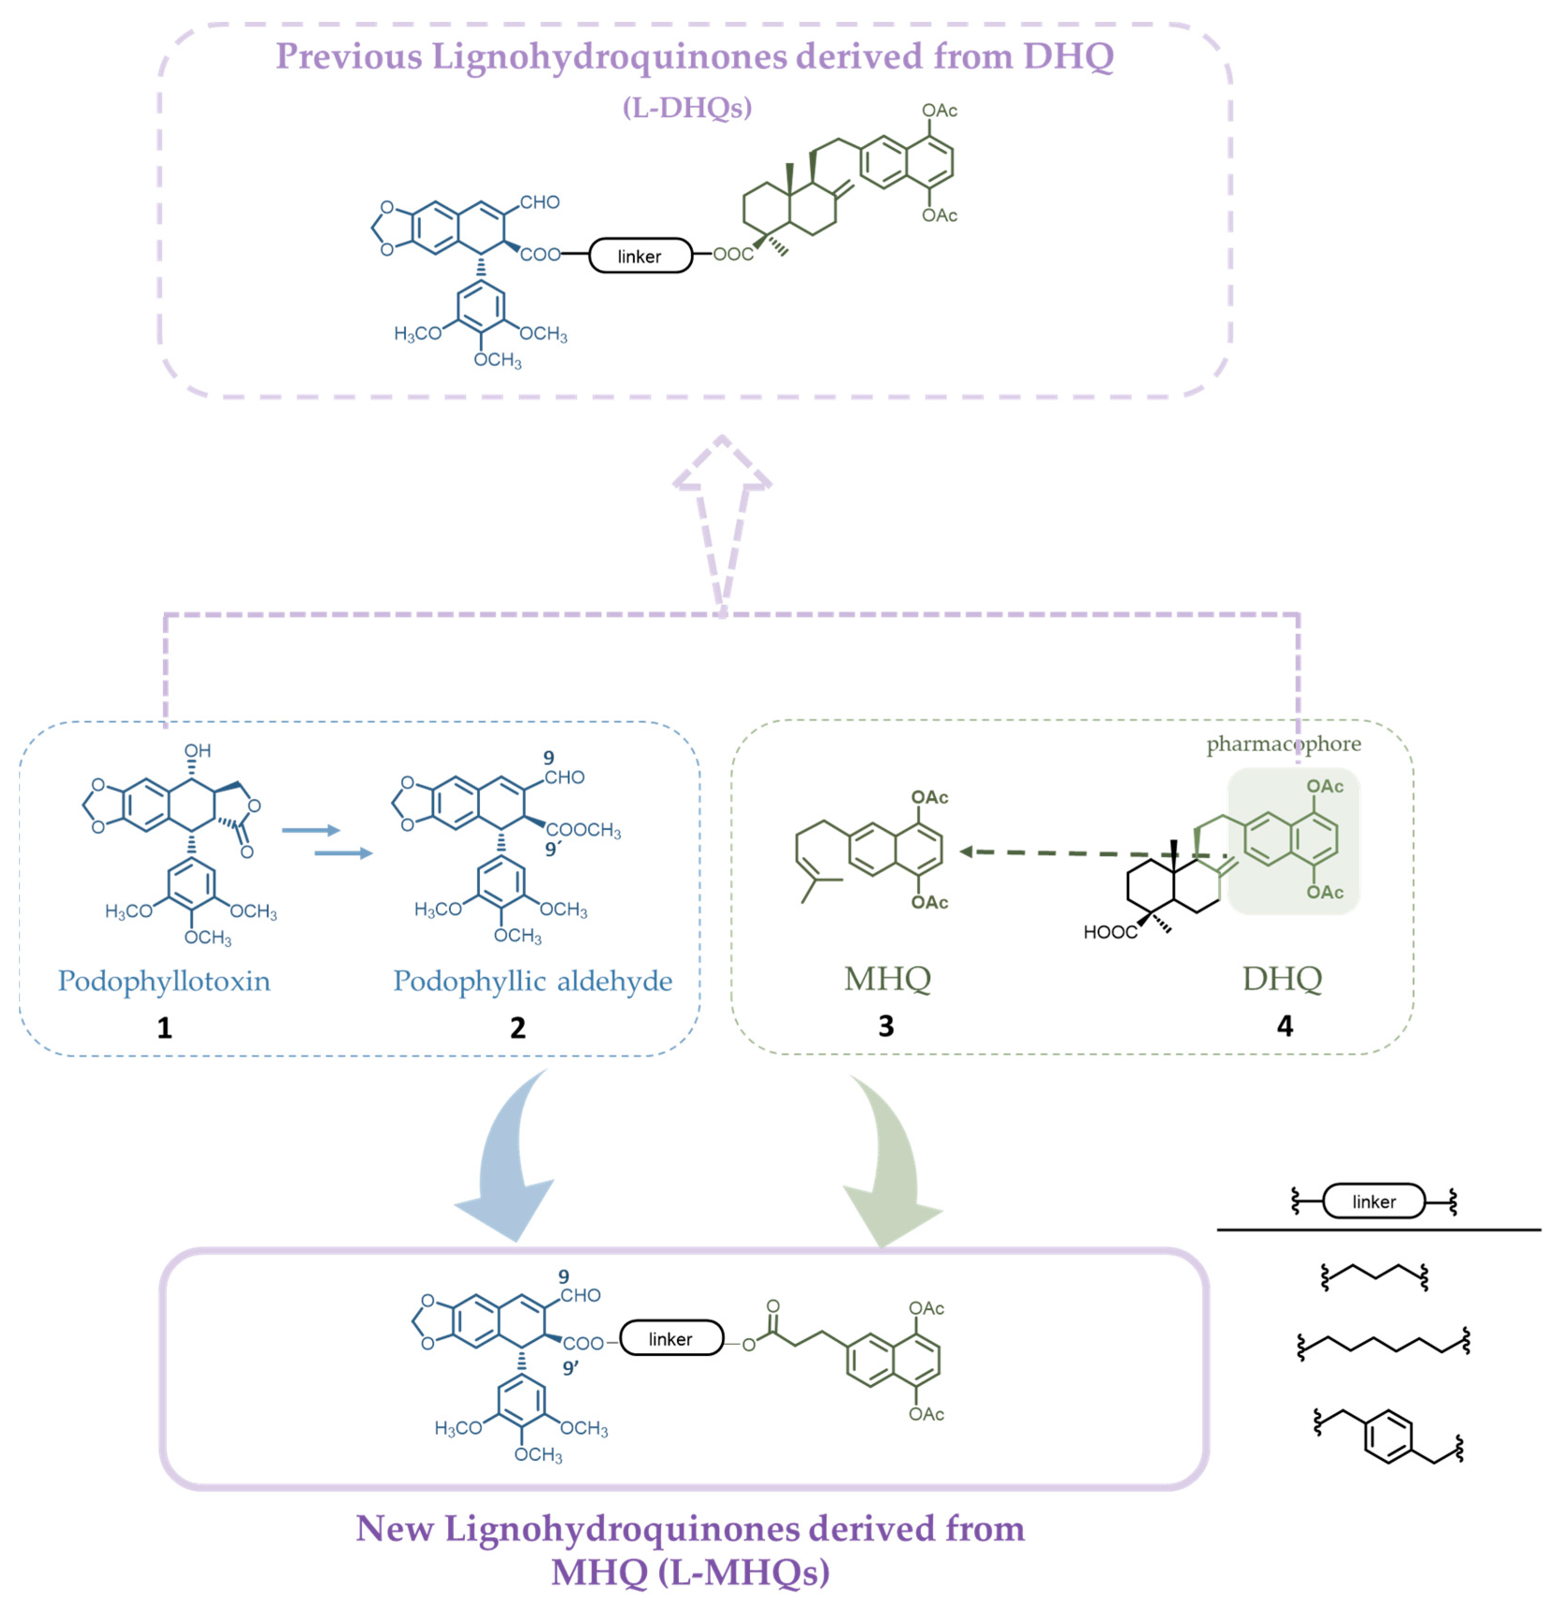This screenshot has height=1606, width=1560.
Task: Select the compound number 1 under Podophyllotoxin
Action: click(164, 1028)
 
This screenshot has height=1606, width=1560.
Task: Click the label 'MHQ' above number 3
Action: click(887, 978)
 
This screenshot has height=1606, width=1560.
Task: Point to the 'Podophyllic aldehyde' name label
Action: click(533, 981)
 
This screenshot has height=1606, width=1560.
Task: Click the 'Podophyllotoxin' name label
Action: click(164, 981)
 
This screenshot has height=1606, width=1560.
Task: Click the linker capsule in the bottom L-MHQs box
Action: click(671, 1339)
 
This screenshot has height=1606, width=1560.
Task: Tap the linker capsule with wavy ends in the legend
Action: click(1374, 1202)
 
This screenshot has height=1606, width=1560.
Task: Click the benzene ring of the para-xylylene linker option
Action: click(1388, 1435)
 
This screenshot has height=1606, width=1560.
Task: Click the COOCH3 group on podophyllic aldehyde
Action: click(584, 830)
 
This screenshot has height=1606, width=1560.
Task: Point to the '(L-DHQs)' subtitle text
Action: click(687, 107)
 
